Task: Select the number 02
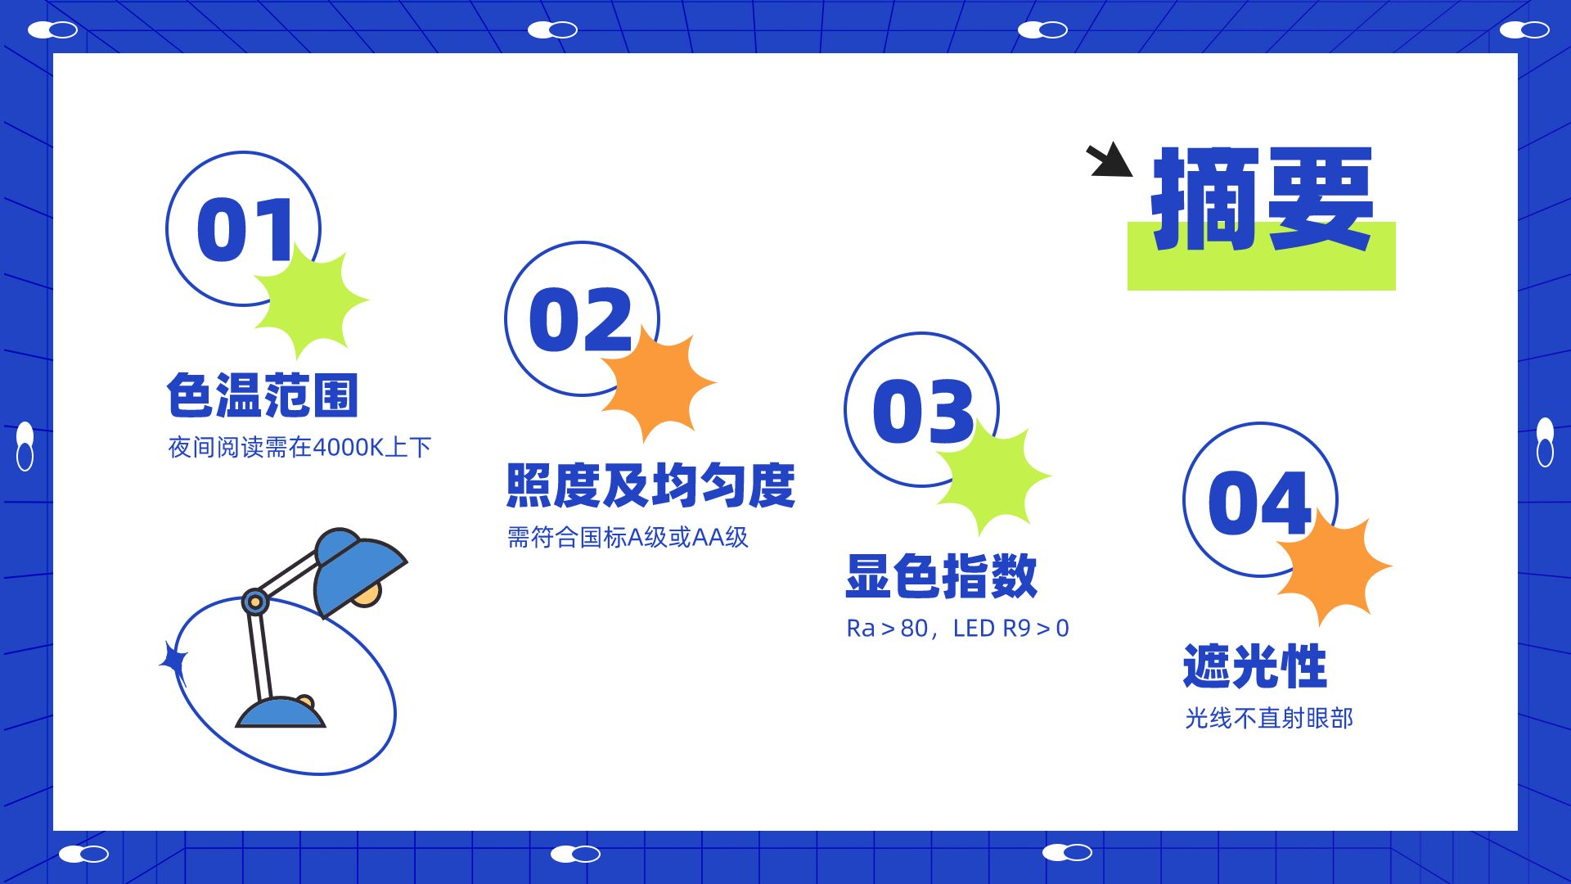[581, 320]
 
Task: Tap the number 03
[924, 411]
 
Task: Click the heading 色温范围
[263, 395]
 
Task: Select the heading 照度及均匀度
[650, 485]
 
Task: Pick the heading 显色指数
[942, 575]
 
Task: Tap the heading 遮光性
[1254, 666]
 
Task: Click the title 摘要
[1263, 199]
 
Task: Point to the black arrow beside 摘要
[1110, 160]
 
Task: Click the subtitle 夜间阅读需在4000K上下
[299, 447]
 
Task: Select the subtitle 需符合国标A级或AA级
[628, 537]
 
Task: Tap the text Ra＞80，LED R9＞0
[957, 628]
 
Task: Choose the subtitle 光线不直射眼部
[1269, 718]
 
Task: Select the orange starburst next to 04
[1335, 566]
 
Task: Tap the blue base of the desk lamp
[281, 712]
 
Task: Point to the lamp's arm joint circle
[255, 602]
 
